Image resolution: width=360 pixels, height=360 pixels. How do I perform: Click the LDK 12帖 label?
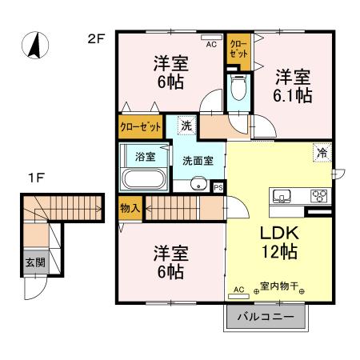(277, 242)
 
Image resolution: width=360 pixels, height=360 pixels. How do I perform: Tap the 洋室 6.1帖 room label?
(294, 86)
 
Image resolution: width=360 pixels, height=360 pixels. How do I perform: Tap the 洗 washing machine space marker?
(186, 126)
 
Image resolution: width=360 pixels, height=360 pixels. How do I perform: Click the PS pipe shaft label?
(218, 187)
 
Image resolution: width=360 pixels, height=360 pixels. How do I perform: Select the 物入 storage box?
(130, 208)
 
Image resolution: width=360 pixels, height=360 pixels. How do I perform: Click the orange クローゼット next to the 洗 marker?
(141, 126)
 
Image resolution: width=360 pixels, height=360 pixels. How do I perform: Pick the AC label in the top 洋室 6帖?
(211, 46)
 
